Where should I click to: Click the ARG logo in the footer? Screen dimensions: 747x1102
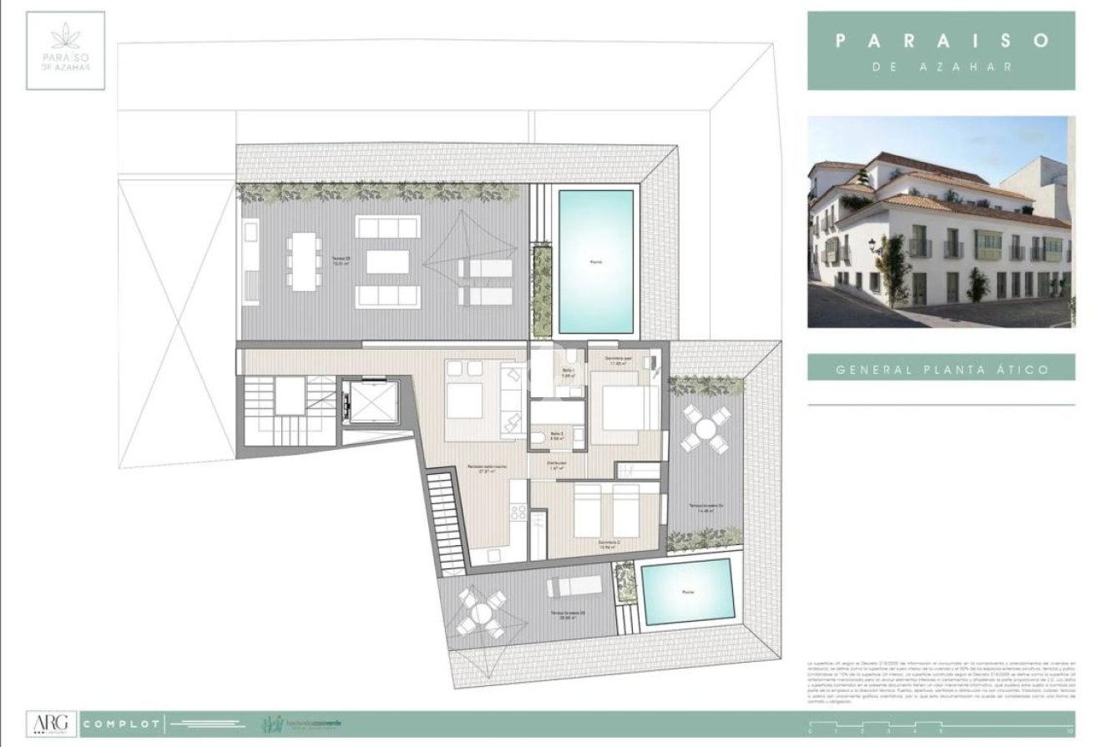tap(52, 722)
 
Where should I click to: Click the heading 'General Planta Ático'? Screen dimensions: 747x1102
tap(941, 368)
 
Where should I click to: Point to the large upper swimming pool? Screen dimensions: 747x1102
tap(595, 261)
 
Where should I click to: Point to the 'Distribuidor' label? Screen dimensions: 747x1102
tap(558, 465)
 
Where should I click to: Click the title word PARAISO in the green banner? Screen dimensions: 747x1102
tap(941, 40)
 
